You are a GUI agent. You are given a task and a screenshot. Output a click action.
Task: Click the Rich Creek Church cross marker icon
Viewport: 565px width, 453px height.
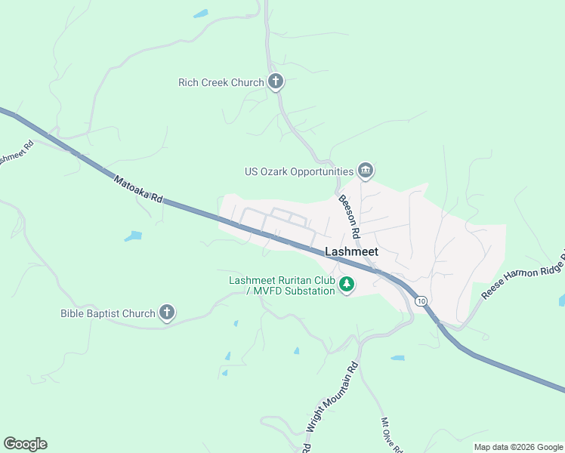point(276,82)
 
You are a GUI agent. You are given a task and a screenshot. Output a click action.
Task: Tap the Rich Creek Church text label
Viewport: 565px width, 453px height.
point(221,82)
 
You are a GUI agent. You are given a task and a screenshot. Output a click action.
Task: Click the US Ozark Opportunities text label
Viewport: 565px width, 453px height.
point(299,171)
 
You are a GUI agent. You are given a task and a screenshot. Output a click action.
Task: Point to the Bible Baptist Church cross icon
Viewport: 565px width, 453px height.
point(167,313)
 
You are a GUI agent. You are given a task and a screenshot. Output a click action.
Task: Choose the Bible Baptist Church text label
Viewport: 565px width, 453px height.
point(108,313)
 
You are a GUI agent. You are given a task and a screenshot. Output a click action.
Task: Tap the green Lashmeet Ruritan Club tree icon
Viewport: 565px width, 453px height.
point(347,285)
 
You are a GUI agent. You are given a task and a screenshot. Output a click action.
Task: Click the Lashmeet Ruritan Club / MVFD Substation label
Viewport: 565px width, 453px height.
point(281,285)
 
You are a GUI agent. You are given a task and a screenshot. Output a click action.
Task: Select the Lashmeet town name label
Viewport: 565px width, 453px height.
point(351,252)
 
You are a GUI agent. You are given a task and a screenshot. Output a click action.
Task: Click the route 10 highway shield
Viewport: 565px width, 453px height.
point(421,300)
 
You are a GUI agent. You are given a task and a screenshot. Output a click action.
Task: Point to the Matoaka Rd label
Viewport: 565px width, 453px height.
point(138,189)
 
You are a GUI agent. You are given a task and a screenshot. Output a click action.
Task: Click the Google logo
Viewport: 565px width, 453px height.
point(25,444)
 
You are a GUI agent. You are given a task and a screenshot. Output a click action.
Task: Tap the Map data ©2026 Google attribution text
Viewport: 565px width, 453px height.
point(518,447)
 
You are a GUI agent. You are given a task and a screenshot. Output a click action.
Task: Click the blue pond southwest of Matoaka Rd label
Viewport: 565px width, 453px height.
point(133,236)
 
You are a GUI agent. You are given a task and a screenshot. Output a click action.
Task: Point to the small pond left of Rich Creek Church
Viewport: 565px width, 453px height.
point(200,14)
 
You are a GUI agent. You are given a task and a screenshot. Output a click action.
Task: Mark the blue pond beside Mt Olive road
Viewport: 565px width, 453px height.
point(397,357)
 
